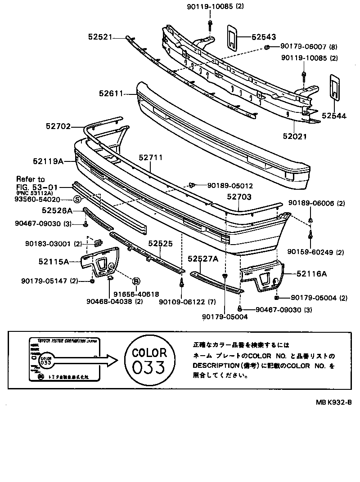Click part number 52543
point(264,37)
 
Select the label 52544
point(334,116)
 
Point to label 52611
point(111,94)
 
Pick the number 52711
point(150,158)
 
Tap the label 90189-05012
point(230,185)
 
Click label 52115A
point(54,261)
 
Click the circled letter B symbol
point(135,281)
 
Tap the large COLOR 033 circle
point(149,360)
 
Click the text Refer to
point(31,179)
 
